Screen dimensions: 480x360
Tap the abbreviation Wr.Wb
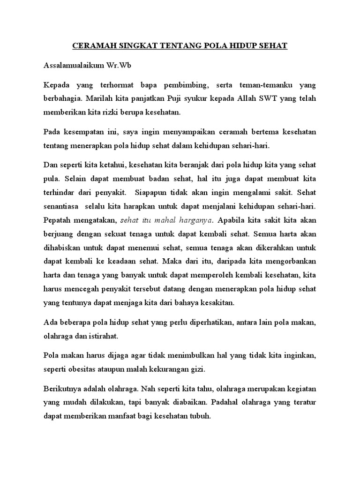[x=114, y=65]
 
